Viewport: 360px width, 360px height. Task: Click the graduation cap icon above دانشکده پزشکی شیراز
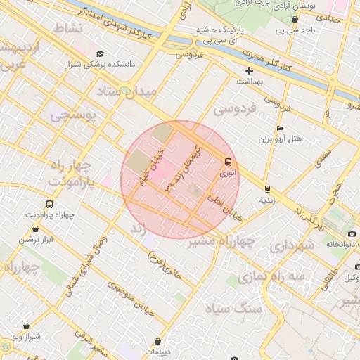100,53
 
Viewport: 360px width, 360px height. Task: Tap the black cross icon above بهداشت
250,70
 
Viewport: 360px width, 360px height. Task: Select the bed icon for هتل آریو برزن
281,129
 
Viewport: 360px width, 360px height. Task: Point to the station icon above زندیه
267,188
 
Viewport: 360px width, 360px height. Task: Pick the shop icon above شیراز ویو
27,326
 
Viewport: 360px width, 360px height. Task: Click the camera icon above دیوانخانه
352,233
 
